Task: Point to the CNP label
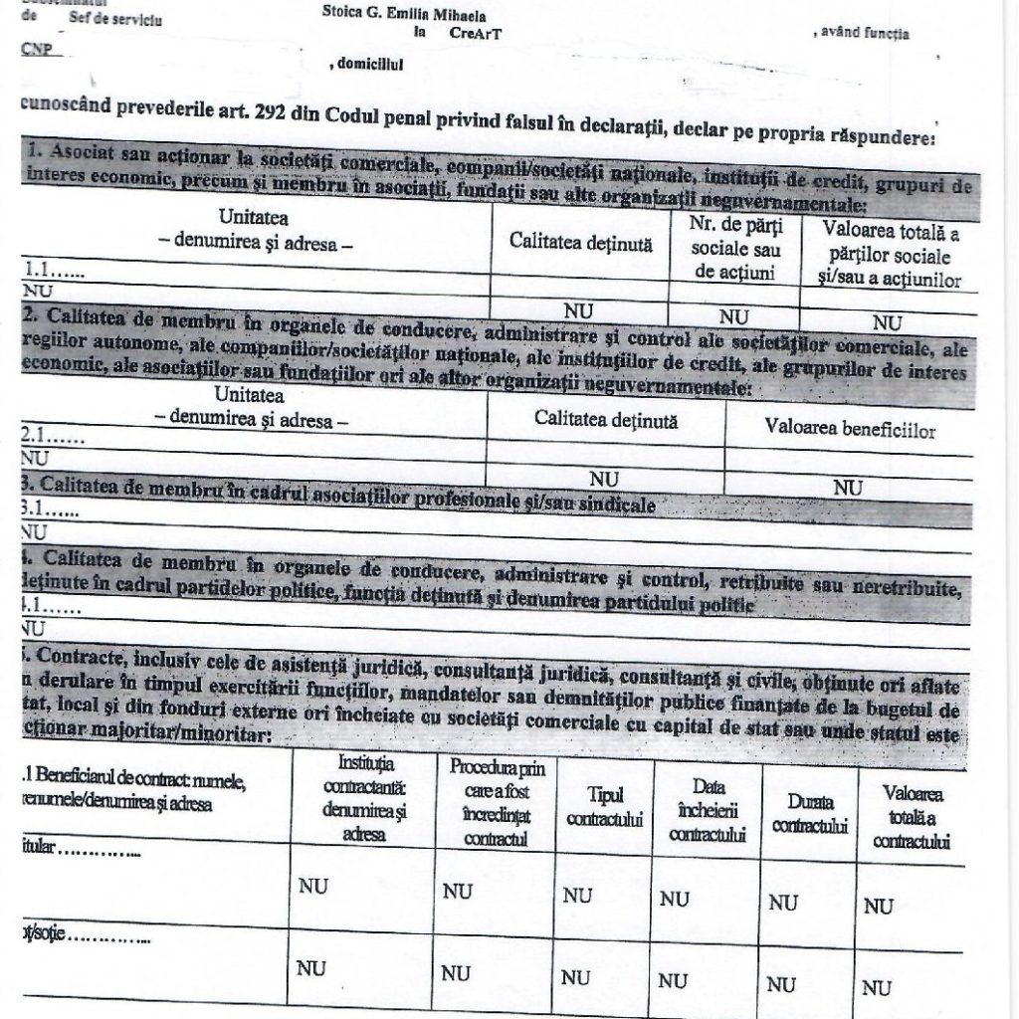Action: pyautogui.click(x=35, y=48)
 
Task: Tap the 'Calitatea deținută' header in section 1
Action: pyautogui.click(x=581, y=244)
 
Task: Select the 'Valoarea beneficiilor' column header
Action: pyautogui.click(x=849, y=431)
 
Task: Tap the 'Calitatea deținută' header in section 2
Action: pyautogui.click(x=606, y=421)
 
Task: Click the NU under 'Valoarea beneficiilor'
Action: pyautogui.click(x=848, y=488)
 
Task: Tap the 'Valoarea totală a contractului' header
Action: pyautogui.click(x=910, y=817)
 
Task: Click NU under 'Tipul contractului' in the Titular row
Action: pyautogui.click(x=577, y=896)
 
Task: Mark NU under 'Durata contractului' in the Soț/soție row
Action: pyautogui.click(x=782, y=984)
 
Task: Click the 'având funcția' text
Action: pyautogui.click(x=862, y=34)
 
